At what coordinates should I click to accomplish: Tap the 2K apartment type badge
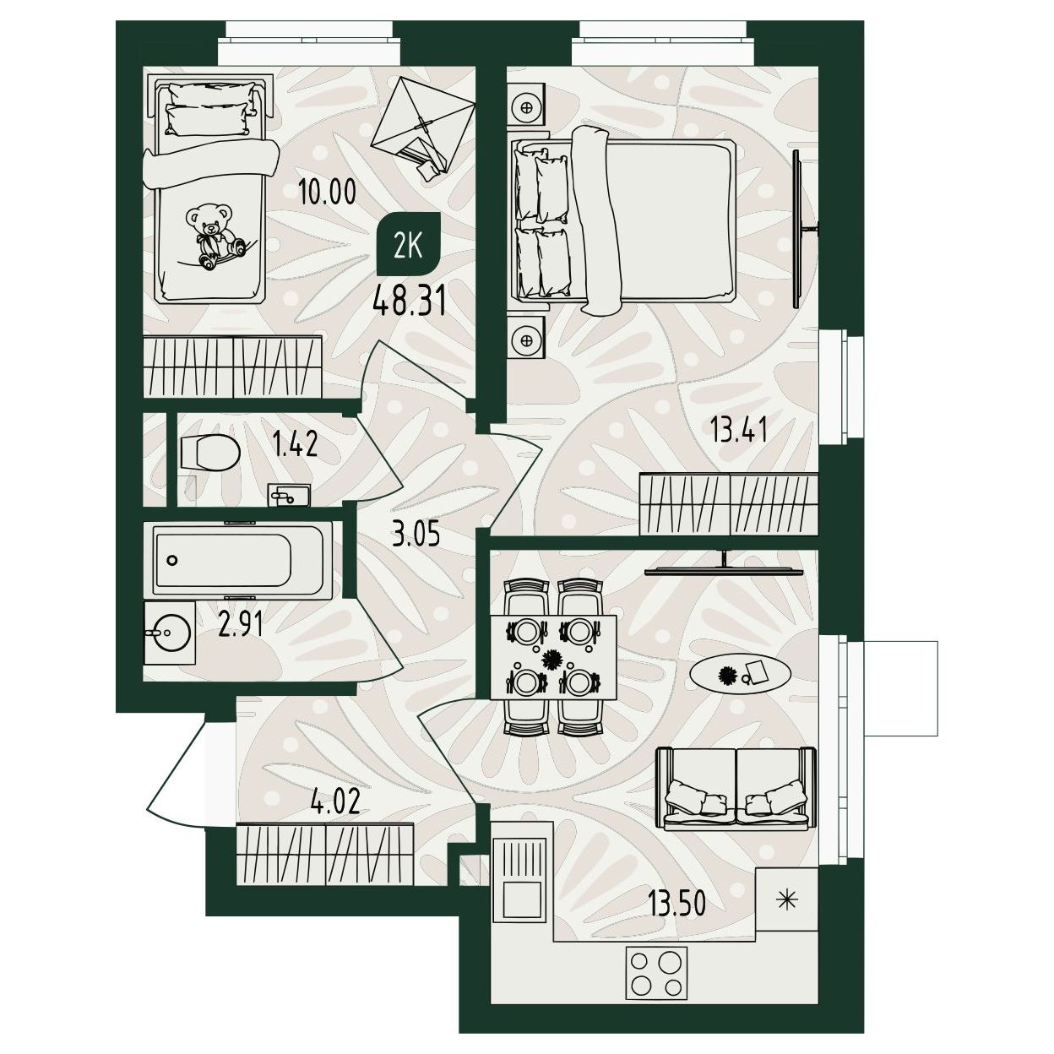pyautogui.click(x=409, y=243)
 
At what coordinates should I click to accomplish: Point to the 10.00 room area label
pyautogui.click(x=327, y=192)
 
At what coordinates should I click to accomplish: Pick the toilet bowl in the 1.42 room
pyautogui.click(x=210, y=451)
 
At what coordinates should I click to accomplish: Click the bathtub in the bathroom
pyautogui.click(x=242, y=560)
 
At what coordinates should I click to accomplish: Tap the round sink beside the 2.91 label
pyautogui.click(x=170, y=633)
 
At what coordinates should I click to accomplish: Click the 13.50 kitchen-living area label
pyautogui.click(x=676, y=903)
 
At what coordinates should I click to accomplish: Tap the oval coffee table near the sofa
pyautogui.click(x=740, y=675)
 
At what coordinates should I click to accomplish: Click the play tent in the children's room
pyautogui.click(x=422, y=128)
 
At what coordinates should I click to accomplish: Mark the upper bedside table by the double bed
pyautogui.click(x=527, y=106)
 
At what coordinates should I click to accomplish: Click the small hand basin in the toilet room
pyautogui.click(x=289, y=495)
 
